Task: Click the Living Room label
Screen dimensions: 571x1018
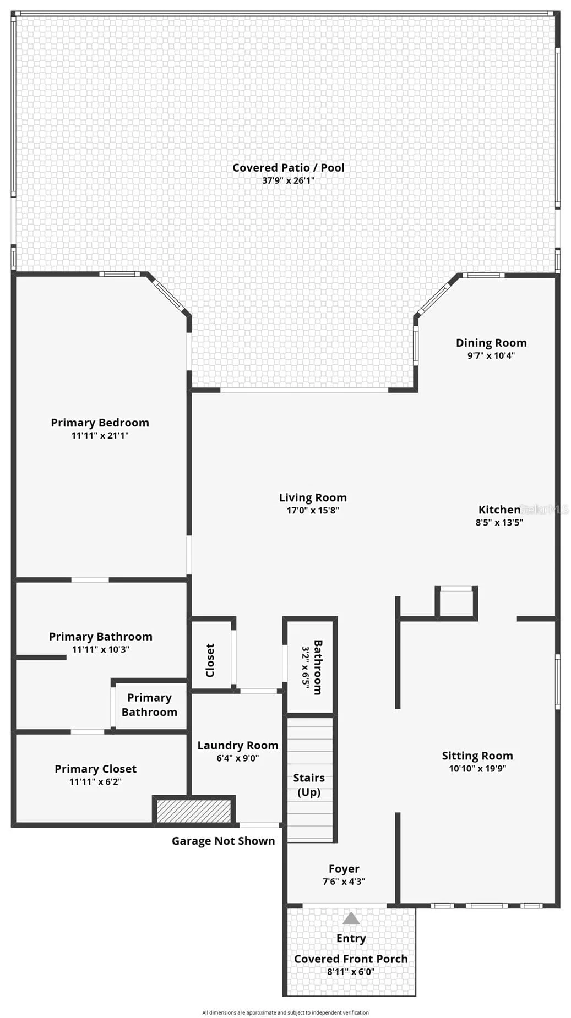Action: pos(313,497)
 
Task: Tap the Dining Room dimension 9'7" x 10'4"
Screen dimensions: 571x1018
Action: pos(491,355)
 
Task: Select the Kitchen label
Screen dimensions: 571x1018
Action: pos(499,510)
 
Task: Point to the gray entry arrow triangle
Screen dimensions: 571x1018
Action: pos(351,918)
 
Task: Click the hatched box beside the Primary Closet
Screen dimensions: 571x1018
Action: pos(194,811)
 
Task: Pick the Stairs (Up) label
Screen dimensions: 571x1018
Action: pos(309,785)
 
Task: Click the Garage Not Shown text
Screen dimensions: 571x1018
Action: pos(223,841)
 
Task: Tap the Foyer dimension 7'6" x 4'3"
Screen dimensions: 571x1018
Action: pos(344,882)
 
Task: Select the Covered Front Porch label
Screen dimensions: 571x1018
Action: pos(351,959)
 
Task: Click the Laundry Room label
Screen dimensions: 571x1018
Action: pos(238,745)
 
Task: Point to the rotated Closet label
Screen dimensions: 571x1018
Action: pos(210,660)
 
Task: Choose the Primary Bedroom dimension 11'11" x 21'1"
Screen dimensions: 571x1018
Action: pos(100,435)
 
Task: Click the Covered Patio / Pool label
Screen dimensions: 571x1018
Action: pos(289,167)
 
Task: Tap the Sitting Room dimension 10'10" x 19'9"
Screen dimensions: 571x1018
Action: pos(477,769)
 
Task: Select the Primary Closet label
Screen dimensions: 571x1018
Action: pos(95,769)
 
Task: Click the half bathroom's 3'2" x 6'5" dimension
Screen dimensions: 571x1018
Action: pos(306,667)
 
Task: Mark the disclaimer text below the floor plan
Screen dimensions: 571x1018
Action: pos(285,1012)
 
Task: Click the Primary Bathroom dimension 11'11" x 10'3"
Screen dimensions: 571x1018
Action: pos(100,649)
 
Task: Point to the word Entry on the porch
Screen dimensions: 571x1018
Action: pos(351,938)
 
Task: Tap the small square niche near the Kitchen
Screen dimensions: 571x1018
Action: pos(456,603)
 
